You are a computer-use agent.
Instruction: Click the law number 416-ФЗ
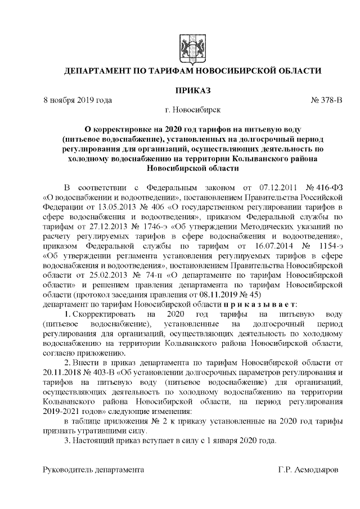point(326,187)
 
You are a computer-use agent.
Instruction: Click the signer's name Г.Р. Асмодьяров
point(308,470)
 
